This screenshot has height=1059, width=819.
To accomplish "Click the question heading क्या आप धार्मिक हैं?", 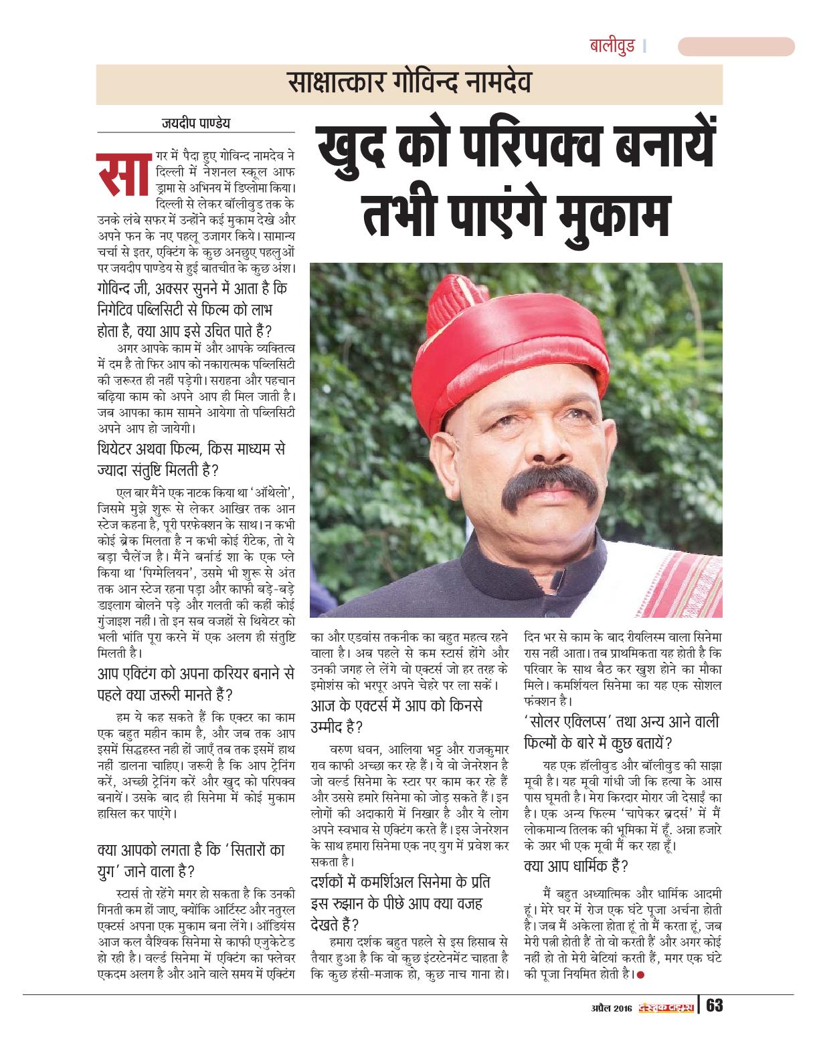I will (575, 866).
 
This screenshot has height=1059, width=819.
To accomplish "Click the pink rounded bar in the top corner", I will (736, 47).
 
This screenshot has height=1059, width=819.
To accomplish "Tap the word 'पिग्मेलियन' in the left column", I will (158, 573).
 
